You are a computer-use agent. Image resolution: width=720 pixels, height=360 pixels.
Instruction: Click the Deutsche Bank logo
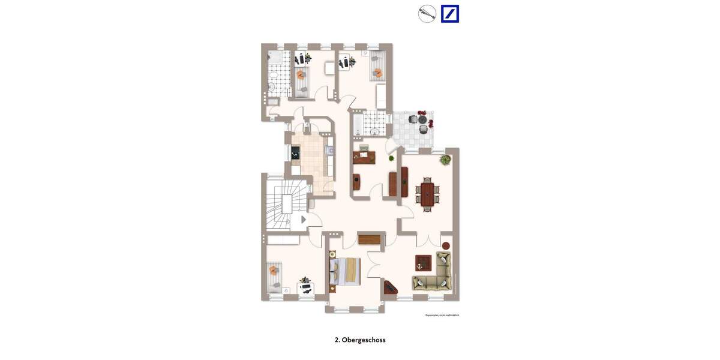(x=450, y=14)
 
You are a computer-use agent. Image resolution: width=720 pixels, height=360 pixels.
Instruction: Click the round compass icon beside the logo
(x=427, y=14)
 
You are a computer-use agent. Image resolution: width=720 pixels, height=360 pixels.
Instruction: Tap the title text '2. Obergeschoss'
(x=360, y=340)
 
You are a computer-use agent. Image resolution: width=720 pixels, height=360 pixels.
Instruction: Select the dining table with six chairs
(x=427, y=194)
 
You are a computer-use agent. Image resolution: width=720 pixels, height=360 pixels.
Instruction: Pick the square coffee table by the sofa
(x=423, y=262)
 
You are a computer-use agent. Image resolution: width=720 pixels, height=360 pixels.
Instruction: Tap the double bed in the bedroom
(x=346, y=271)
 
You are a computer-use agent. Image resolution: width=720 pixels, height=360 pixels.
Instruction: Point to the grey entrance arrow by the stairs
(x=304, y=220)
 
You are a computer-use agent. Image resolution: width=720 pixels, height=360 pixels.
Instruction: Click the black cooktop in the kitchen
(x=295, y=153)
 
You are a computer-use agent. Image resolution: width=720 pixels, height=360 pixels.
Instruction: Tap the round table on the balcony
(x=422, y=120)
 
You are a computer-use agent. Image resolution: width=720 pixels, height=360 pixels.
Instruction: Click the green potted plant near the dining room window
(x=445, y=160)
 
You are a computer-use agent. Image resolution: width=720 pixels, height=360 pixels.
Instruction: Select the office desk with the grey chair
(x=364, y=157)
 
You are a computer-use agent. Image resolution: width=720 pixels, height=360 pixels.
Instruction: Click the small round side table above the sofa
(x=446, y=245)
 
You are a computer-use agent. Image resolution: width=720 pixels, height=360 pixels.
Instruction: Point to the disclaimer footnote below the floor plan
(x=442, y=315)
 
